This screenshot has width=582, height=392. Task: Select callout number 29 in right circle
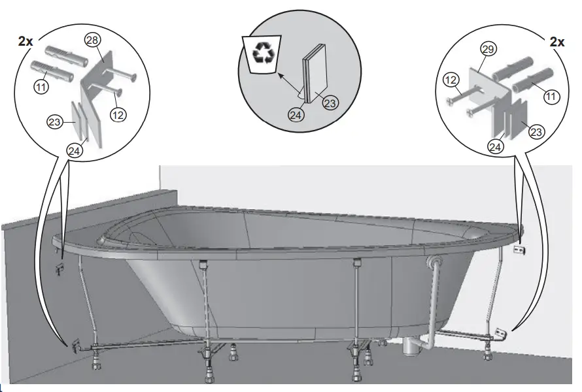(x=487, y=49)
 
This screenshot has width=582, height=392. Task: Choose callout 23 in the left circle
(x=54, y=122)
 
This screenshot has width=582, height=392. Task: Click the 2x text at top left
(x=27, y=41)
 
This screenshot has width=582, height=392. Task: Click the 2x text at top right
(x=556, y=42)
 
